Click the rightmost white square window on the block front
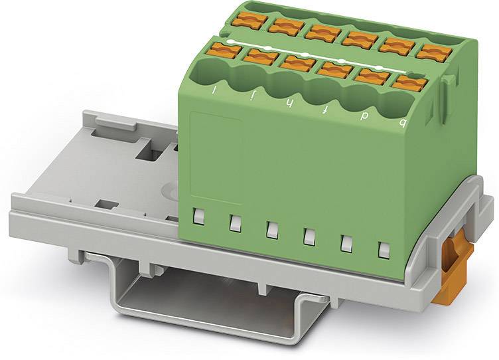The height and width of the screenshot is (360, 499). pyautogui.click(x=383, y=250)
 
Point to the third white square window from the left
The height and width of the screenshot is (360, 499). pyautogui.click(x=271, y=230)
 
